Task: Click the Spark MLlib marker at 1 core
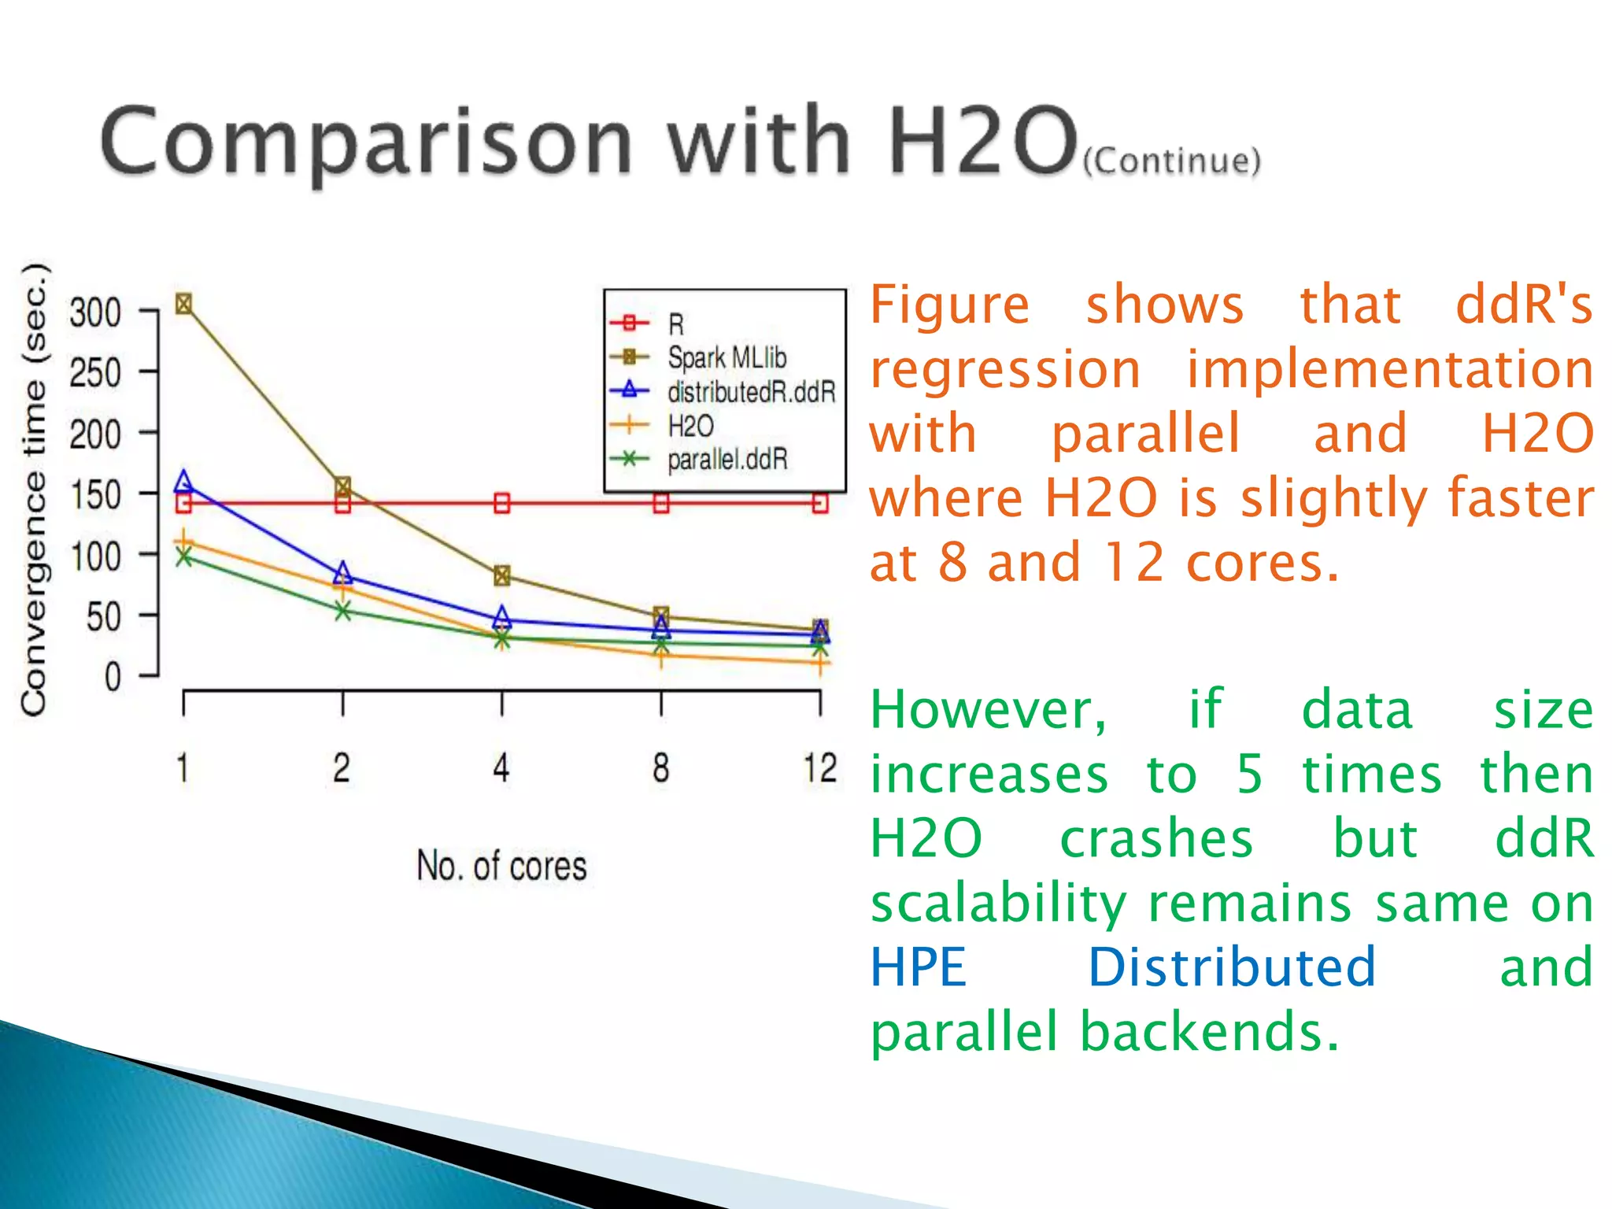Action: point(183,304)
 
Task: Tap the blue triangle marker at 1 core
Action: point(183,482)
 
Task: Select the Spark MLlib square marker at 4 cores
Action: point(502,575)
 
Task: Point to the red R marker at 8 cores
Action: point(661,503)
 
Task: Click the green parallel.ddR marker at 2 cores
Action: point(342,611)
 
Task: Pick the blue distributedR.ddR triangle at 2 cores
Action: point(342,573)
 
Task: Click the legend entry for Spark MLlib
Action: point(726,358)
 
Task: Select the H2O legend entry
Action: point(690,426)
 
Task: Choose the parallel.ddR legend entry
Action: point(726,460)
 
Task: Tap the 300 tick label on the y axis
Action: point(95,312)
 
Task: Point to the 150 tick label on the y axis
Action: point(95,496)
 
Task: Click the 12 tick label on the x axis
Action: point(819,768)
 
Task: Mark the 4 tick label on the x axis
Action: point(501,768)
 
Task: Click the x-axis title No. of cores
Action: point(501,866)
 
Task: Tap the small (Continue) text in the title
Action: point(1171,161)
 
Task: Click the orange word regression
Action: point(1005,369)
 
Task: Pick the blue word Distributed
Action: point(1231,967)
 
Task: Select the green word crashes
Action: point(1155,838)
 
